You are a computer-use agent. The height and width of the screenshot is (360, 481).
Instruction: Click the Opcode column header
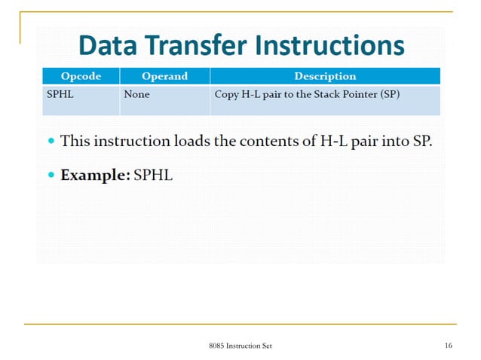tap(81, 76)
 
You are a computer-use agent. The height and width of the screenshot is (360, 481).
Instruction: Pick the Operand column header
tap(164, 76)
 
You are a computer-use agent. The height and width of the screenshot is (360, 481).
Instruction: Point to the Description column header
tap(325, 76)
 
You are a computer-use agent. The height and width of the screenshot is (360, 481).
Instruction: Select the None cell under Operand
tap(137, 94)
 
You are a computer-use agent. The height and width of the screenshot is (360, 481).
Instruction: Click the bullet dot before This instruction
tap(51, 141)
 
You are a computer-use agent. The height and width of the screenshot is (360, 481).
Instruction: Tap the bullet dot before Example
tap(51, 175)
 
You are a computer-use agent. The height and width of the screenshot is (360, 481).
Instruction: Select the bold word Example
tap(94, 175)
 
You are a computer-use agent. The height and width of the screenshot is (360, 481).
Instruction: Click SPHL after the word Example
tap(154, 175)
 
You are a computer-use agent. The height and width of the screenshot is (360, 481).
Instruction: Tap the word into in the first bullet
tap(396, 141)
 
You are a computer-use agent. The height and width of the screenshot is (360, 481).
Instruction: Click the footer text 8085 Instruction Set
tap(240, 346)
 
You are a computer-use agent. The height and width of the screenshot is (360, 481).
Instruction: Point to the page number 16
tap(448, 346)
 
